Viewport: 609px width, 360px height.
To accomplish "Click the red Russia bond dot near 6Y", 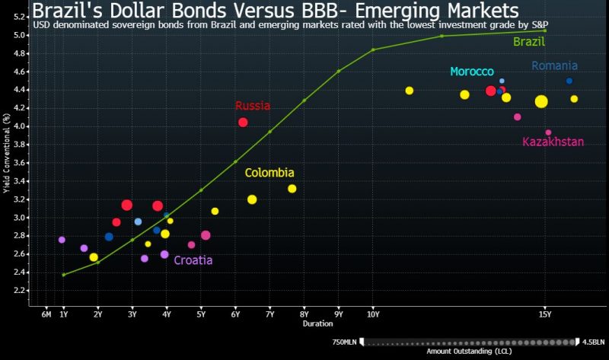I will coord(243,123).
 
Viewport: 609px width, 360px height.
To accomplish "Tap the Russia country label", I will coord(252,106).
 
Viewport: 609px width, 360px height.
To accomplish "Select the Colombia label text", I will coord(269,173).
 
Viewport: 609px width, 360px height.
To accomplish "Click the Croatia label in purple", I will coord(193,260).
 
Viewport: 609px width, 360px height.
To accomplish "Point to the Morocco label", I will coord(472,72).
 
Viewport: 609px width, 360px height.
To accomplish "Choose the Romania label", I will coord(554,65).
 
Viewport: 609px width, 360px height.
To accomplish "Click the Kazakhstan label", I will coord(553,142).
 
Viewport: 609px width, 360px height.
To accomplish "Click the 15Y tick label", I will coord(544,314).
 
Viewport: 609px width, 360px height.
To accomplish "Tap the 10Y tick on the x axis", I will coord(373,314).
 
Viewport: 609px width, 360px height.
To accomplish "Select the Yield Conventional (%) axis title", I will coord(7,160).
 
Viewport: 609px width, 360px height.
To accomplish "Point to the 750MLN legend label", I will coord(344,342).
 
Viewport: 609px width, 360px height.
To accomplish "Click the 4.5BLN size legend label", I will coord(593,342).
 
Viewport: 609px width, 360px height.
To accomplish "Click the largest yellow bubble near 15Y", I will coord(541,102).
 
